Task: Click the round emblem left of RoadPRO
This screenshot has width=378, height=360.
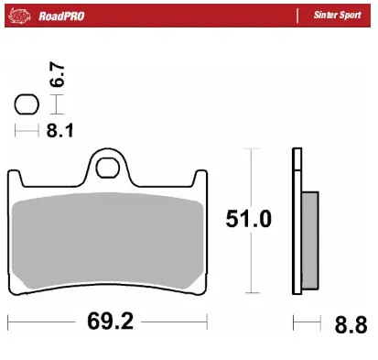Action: click(x=23, y=16)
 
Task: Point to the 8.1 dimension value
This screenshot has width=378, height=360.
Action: click(x=59, y=131)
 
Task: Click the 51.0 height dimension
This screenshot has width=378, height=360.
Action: click(x=248, y=219)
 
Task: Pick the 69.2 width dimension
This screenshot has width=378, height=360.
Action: click(x=107, y=322)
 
